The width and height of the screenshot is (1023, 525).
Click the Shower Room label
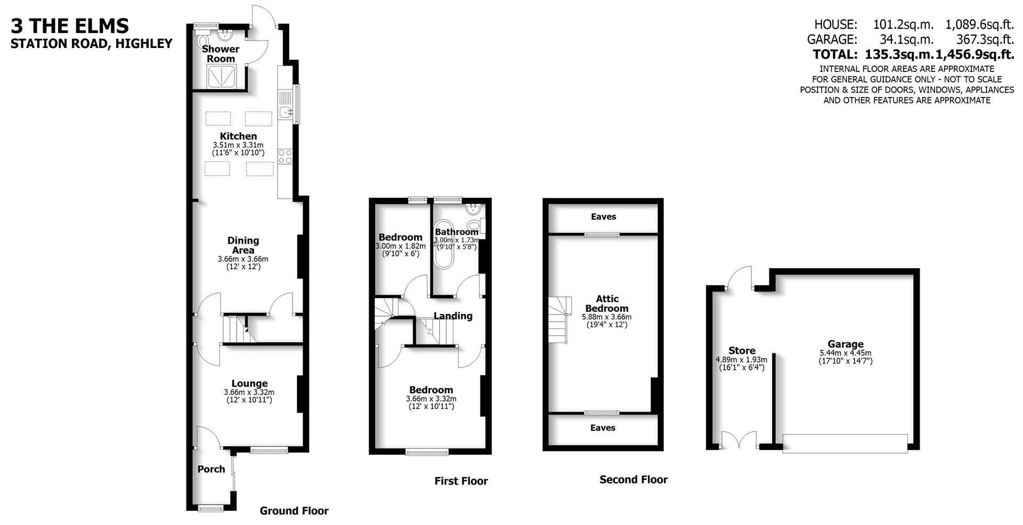(221, 53)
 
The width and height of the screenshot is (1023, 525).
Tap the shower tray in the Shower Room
(221, 76)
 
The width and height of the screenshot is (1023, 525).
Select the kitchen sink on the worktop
(286, 112)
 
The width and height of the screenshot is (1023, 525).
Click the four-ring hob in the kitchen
(285, 156)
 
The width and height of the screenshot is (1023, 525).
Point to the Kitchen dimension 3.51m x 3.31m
(238, 145)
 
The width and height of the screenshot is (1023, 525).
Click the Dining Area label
(243, 245)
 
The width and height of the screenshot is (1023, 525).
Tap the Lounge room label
(249, 383)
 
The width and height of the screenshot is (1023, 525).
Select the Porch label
(211, 469)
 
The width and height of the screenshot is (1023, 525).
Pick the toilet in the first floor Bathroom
(474, 225)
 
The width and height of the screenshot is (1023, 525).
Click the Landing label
(453, 316)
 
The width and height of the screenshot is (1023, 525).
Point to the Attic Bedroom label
(607, 303)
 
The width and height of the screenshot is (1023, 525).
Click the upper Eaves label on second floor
(603, 216)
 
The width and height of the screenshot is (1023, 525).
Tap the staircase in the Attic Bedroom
(559, 320)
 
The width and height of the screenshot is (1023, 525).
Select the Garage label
(845, 344)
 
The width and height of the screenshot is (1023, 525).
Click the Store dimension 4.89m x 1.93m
(741, 360)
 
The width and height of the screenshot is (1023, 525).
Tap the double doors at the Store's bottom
(738, 441)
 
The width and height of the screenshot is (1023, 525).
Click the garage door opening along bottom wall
(845, 443)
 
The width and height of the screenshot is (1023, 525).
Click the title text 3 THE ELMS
(70, 26)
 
